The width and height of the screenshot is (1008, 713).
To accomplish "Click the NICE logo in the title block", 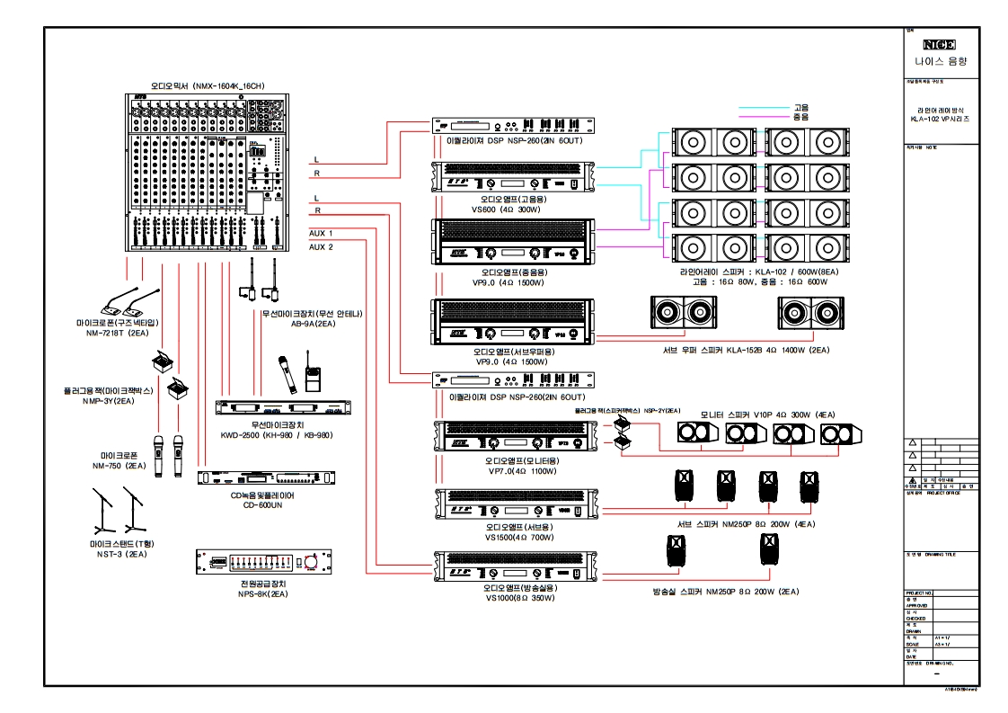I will click(940, 43).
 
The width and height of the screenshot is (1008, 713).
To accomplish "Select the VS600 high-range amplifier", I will click(513, 176).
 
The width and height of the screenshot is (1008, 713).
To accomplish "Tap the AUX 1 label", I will click(321, 233).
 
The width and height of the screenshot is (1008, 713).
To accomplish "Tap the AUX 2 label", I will click(321, 246).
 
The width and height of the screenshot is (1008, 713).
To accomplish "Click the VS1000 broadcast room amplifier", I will click(513, 565).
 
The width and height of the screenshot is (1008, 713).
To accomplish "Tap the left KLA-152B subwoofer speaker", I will click(684, 312).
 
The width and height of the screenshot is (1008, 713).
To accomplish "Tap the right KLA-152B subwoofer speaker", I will click(811, 312).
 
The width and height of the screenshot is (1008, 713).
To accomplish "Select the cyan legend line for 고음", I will click(763, 107).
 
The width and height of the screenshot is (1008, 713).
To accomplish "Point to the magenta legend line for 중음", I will click(763, 117).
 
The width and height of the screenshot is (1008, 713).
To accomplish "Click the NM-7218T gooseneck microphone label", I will click(118, 332).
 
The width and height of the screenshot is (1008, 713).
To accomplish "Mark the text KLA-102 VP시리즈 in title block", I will click(940, 119).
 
